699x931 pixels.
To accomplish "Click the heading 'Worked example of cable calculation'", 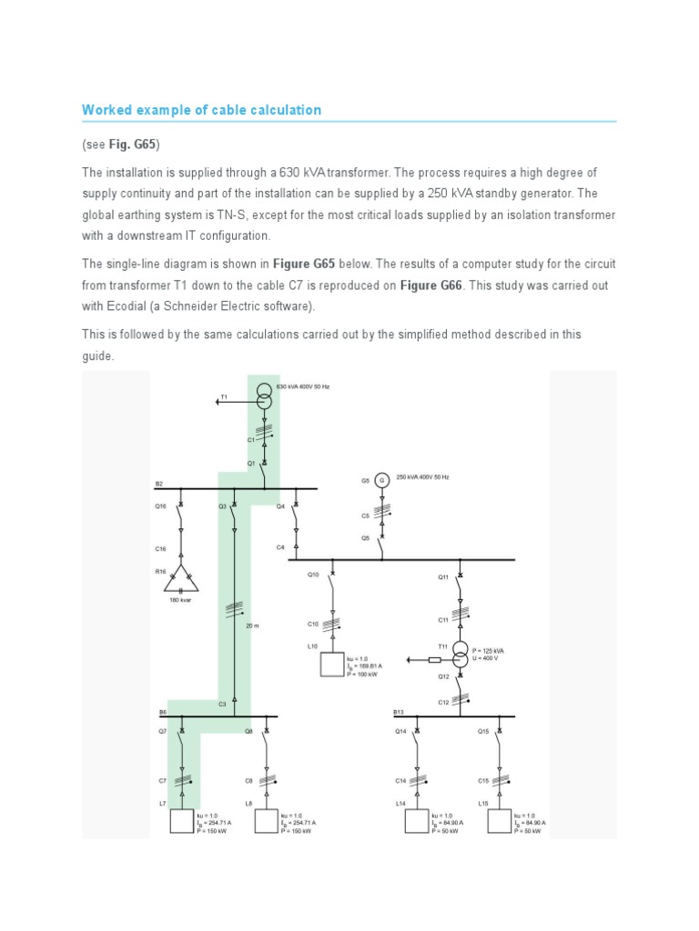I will point(201,110).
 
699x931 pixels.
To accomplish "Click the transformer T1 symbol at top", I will point(264,396).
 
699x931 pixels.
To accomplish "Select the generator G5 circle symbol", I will point(382,479).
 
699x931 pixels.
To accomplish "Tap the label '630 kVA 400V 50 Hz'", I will point(302,386).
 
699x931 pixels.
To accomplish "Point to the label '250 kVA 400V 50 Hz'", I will point(422,476).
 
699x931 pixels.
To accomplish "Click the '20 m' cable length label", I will point(252,626).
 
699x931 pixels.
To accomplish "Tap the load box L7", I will point(182,821).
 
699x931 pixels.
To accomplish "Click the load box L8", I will point(266,821).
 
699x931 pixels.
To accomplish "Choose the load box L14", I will point(418,821).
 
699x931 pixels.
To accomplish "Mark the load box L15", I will point(500,821).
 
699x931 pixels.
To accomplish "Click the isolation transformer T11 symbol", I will point(461,655).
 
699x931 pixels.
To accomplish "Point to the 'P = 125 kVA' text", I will point(488,650).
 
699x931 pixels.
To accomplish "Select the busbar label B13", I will point(399,712).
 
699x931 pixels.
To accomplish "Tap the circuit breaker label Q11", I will point(443,576).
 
